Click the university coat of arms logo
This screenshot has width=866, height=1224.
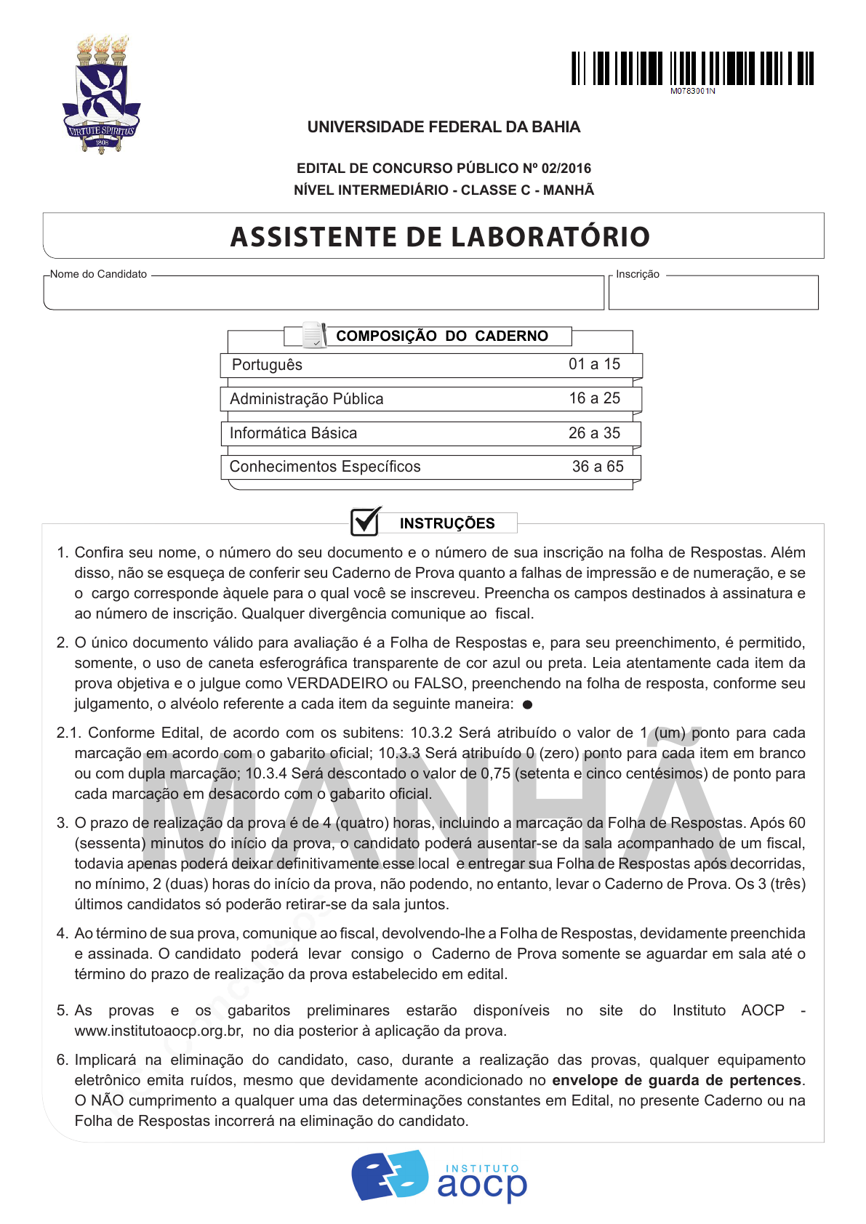click(102, 94)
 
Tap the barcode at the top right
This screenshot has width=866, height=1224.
click(692, 69)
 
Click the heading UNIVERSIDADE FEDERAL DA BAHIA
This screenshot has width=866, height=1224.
click(444, 127)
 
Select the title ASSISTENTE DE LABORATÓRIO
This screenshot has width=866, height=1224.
click(440, 237)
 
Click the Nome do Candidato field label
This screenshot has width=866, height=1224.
click(99, 274)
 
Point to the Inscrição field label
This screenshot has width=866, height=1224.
click(638, 274)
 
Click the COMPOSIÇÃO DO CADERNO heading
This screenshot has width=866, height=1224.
click(442, 336)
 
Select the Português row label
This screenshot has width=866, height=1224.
click(267, 365)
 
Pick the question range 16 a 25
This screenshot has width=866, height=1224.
click(595, 398)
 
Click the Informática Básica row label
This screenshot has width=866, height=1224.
click(294, 433)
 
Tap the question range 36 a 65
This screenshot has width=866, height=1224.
click(598, 467)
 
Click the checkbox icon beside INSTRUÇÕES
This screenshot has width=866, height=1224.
click(366, 521)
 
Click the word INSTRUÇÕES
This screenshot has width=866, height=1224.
click(447, 523)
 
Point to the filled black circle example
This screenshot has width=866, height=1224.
click(528, 704)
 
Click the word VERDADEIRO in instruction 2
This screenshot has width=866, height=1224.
click(337, 683)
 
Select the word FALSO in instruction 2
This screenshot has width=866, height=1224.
click(438, 683)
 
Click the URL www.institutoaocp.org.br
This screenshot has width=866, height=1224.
click(159, 1031)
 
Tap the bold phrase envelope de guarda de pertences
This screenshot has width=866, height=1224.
click(677, 1080)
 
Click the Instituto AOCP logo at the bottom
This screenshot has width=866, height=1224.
click(439, 1176)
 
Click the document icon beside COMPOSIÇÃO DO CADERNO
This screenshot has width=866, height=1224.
click(314, 334)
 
